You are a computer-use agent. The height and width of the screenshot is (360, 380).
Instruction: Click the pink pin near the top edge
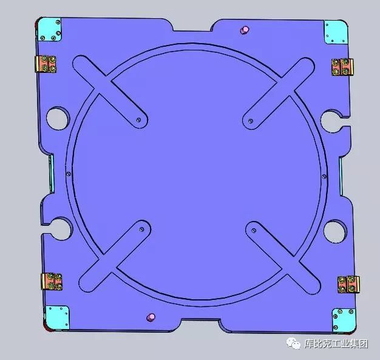pyautogui.click(x=245, y=30)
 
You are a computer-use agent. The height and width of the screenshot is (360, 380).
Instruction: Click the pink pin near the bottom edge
pyautogui.click(x=151, y=317)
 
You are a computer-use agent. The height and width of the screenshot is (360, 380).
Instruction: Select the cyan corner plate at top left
pyautogui.click(x=49, y=29)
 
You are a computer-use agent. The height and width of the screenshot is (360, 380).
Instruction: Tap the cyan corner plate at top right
pyautogui.click(x=336, y=32)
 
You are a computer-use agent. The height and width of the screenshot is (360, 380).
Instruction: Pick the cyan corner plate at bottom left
pyautogui.click(x=57, y=318)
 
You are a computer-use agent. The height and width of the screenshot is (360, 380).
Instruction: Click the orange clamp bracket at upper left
pyautogui.click(x=46, y=64)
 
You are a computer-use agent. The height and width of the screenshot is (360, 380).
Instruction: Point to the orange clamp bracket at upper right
pyautogui.click(x=342, y=67)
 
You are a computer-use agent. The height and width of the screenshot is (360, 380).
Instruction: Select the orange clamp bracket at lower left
pyautogui.click(x=52, y=281)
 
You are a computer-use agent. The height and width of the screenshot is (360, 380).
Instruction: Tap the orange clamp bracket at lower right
pyautogui.click(x=348, y=284)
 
